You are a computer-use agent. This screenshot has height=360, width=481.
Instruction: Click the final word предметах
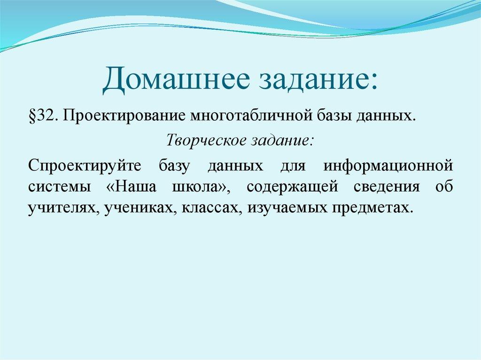pos(375,207)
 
